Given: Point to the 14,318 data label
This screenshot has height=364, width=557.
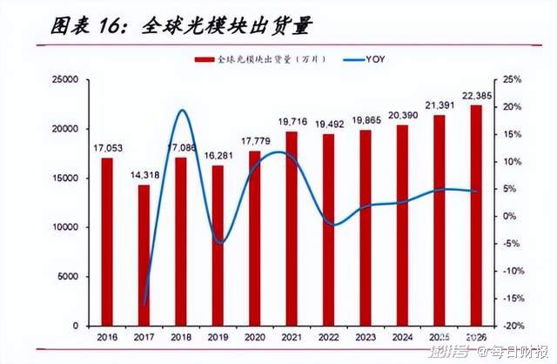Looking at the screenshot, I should pyautogui.click(x=144, y=176).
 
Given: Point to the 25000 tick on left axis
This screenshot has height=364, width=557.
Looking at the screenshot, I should pyautogui.click(x=65, y=80).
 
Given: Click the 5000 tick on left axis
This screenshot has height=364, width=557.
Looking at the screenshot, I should pyautogui.click(x=69, y=277).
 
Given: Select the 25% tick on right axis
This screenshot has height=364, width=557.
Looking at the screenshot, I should pyautogui.click(x=513, y=80).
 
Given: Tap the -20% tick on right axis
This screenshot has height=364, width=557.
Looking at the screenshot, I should pyautogui.click(x=513, y=326).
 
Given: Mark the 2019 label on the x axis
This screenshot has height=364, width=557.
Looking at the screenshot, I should pyautogui.click(x=218, y=337).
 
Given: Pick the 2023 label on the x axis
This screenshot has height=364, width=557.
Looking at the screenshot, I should pyautogui.click(x=366, y=337).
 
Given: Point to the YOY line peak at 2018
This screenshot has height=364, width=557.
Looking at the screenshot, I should pyautogui.click(x=181, y=111).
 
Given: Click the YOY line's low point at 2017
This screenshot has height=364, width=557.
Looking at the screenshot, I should pyautogui.click(x=144, y=303).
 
